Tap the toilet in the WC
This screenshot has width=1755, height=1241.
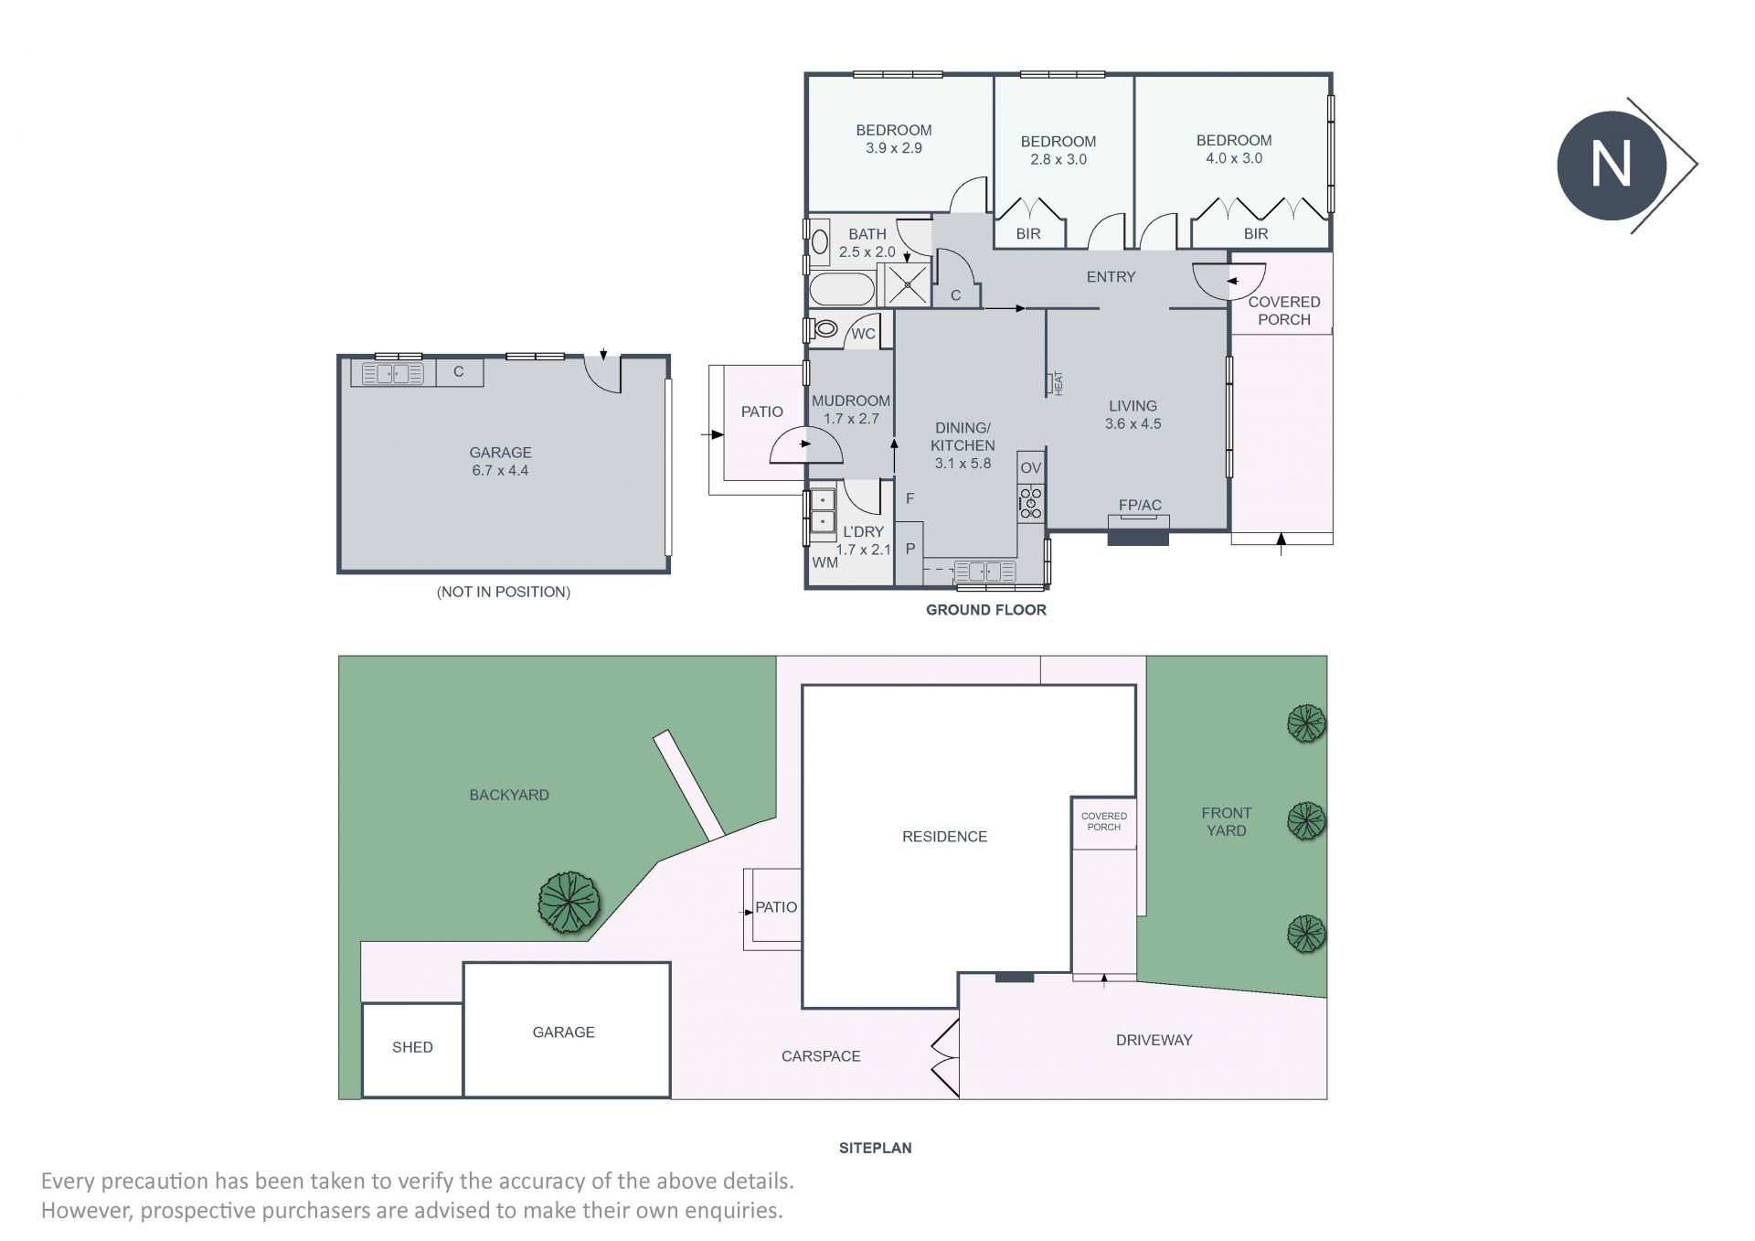tap(825, 328)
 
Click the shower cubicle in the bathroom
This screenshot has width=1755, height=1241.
tap(906, 284)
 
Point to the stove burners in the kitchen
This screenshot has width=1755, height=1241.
tap(1031, 503)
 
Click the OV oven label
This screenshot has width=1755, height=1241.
tap(1031, 467)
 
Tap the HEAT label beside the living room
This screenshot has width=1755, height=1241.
tap(1058, 382)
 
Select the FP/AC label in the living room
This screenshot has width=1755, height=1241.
tap(1140, 505)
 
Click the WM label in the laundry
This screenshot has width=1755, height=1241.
tap(824, 562)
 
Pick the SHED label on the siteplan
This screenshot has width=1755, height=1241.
tap(412, 1047)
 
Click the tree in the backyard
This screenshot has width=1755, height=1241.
tap(569, 903)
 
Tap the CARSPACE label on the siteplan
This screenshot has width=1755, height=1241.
tap(821, 1056)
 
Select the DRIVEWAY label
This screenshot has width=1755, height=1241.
tap(1154, 1040)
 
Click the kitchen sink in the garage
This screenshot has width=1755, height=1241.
tap(393, 373)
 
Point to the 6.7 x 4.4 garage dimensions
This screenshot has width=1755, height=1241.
tap(500, 470)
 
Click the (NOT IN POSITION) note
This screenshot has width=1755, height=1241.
tap(504, 592)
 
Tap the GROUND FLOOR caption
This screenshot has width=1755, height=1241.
tap(986, 610)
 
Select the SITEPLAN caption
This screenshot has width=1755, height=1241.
tap(876, 1148)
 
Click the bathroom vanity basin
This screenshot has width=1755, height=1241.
tap(820, 242)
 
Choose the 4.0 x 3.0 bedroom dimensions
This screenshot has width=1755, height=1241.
tap(1234, 158)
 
